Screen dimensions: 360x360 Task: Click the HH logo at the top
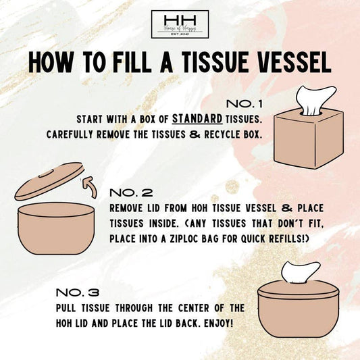[x=180, y=25]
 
